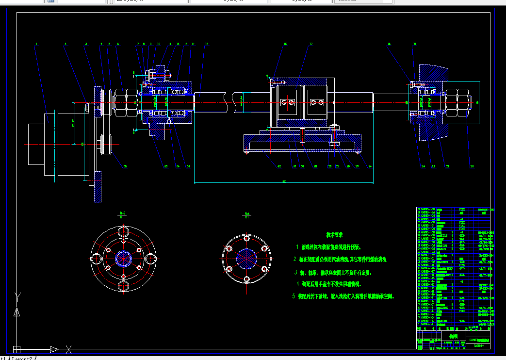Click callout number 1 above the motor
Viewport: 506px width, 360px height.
tap(36, 44)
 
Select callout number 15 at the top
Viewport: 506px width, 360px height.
tap(206, 44)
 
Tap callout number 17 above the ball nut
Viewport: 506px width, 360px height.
tap(310, 44)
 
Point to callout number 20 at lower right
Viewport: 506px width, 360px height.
tap(472, 166)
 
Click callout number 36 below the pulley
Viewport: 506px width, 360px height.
tap(125, 166)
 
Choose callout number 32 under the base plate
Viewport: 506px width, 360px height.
tap(279, 166)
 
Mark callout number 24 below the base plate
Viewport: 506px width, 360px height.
tap(370, 166)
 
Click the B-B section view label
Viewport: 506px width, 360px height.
tap(123, 213)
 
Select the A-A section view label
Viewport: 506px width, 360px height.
tap(247, 213)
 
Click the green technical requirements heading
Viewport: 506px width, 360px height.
tap(335, 234)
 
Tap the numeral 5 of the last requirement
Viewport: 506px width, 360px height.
tap(293, 295)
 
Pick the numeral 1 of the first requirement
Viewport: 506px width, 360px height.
tap(297, 247)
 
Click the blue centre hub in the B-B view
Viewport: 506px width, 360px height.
tap(123, 258)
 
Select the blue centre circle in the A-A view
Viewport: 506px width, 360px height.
tap(246, 257)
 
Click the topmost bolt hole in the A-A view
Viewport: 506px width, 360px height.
tap(246, 238)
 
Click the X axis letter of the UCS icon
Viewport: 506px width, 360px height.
tap(69, 349)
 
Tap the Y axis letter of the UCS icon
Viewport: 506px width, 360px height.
tap(18, 295)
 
